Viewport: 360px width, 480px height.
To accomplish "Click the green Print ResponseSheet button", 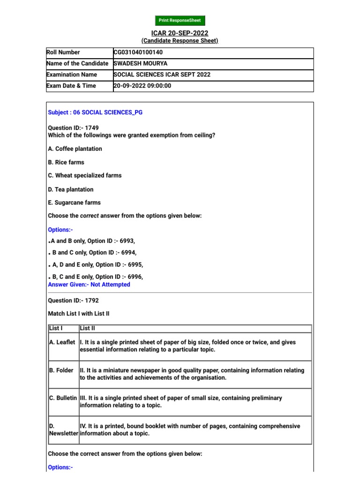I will tap(180, 21).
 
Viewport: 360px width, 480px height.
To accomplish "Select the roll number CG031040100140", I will tap(138, 52).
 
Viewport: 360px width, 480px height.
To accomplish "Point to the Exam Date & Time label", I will tap(71, 86).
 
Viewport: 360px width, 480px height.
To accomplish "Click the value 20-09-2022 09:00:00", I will tap(142, 86).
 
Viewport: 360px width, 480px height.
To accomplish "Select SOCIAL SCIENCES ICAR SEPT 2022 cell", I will tap(162, 75).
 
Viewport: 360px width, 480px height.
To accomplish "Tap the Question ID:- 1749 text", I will tap(74, 127).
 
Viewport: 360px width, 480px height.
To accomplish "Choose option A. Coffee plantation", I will tap(75, 149).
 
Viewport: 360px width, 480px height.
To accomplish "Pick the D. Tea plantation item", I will tap(71, 189).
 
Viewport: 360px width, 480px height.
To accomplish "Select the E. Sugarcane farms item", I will tap(75, 202).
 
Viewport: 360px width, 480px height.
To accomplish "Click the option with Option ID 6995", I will tap(97, 265).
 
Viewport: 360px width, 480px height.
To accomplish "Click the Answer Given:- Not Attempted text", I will tap(89, 285).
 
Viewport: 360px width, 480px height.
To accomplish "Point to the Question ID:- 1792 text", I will tap(74, 300).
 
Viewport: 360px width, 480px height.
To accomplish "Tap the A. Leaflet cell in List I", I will tap(63, 343).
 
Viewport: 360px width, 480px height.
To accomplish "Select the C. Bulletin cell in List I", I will tap(63, 398).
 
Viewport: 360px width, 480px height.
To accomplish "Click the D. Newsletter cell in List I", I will tap(63, 430).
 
